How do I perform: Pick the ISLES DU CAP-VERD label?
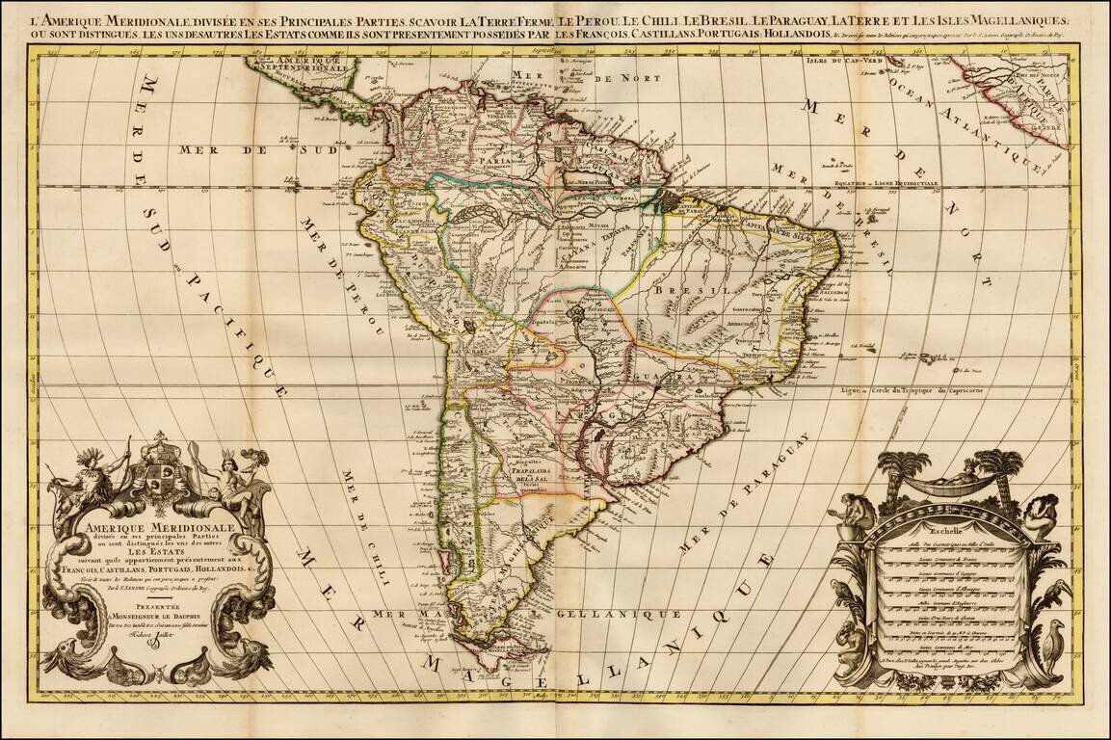pos(833,60)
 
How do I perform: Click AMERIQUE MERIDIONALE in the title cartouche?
pos(143,528)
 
